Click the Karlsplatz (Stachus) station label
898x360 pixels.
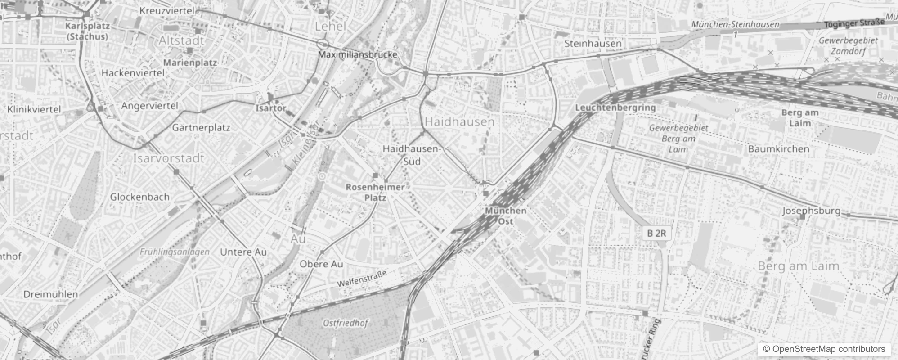pyautogui.click(x=87, y=31)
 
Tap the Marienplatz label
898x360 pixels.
pyautogui.click(x=190, y=63)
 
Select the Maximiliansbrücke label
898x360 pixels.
pyautogui.click(x=358, y=55)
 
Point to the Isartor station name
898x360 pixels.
pyautogui.click(x=271, y=108)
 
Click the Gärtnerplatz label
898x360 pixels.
pyautogui.click(x=201, y=128)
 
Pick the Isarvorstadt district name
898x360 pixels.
pyautogui.click(x=169, y=158)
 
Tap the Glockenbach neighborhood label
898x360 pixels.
pyautogui.click(x=140, y=197)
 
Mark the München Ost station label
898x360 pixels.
pyautogui.click(x=506, y=216)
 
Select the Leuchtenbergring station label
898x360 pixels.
pyautogui.click(x=615, y=108)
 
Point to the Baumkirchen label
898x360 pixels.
pyautogui.click(x=778, y=149)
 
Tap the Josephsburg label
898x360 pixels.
pyautogui.click(x=811, y=211)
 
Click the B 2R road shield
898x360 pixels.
pyautogui.click(x=656, y=233)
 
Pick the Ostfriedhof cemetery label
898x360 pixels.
pyautogui.click(x=346, y=323)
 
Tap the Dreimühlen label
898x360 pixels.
pyautogui.click(x=51, y=294)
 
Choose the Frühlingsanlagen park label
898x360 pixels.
pyautogui.click(x=175, y=252)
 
